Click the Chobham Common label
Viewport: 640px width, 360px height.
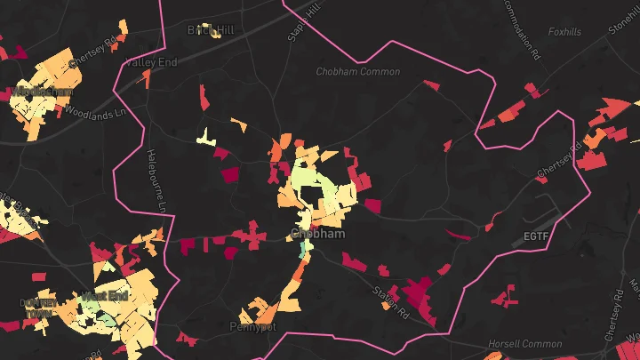358,71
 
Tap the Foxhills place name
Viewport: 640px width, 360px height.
564,32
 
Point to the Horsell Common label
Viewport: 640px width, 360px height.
524,344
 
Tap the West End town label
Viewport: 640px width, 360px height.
107,295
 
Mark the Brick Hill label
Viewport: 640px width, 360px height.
211,30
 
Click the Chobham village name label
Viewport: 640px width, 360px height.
315,234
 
